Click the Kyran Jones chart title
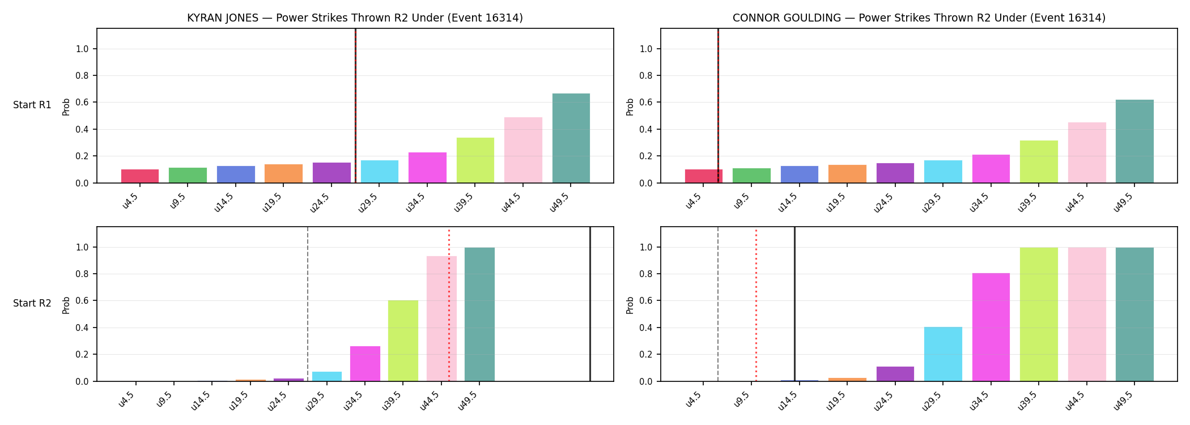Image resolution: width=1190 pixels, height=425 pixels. click(355, 18)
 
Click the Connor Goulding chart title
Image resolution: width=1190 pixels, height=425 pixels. click(919, 18)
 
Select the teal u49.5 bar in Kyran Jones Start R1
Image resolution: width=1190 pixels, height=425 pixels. click(571, 138)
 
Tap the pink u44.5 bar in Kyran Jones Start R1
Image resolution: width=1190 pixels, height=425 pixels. click(523, 150)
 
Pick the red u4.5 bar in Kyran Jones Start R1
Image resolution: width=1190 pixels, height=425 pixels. click(140, 176)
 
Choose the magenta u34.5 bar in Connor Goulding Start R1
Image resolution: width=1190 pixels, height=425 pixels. click(991, 169)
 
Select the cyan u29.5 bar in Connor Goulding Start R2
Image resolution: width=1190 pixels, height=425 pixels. click(943, 354)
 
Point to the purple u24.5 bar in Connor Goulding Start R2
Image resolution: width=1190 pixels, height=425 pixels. click(895, 374)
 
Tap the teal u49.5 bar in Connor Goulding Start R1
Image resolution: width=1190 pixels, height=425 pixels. click(1134, 141)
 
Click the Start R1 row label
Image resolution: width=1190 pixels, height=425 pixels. click(32, 105)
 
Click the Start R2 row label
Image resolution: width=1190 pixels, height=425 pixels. click(32, 304)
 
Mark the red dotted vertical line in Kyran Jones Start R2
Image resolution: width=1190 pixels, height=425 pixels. click(449, 305)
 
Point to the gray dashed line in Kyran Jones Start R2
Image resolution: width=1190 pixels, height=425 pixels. click(308, 304)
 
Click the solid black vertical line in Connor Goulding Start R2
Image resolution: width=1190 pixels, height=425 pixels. click(794, 304)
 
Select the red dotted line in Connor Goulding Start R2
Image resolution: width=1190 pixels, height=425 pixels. click(756, 305)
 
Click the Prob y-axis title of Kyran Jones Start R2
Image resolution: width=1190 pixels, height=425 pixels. click(66, 305)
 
